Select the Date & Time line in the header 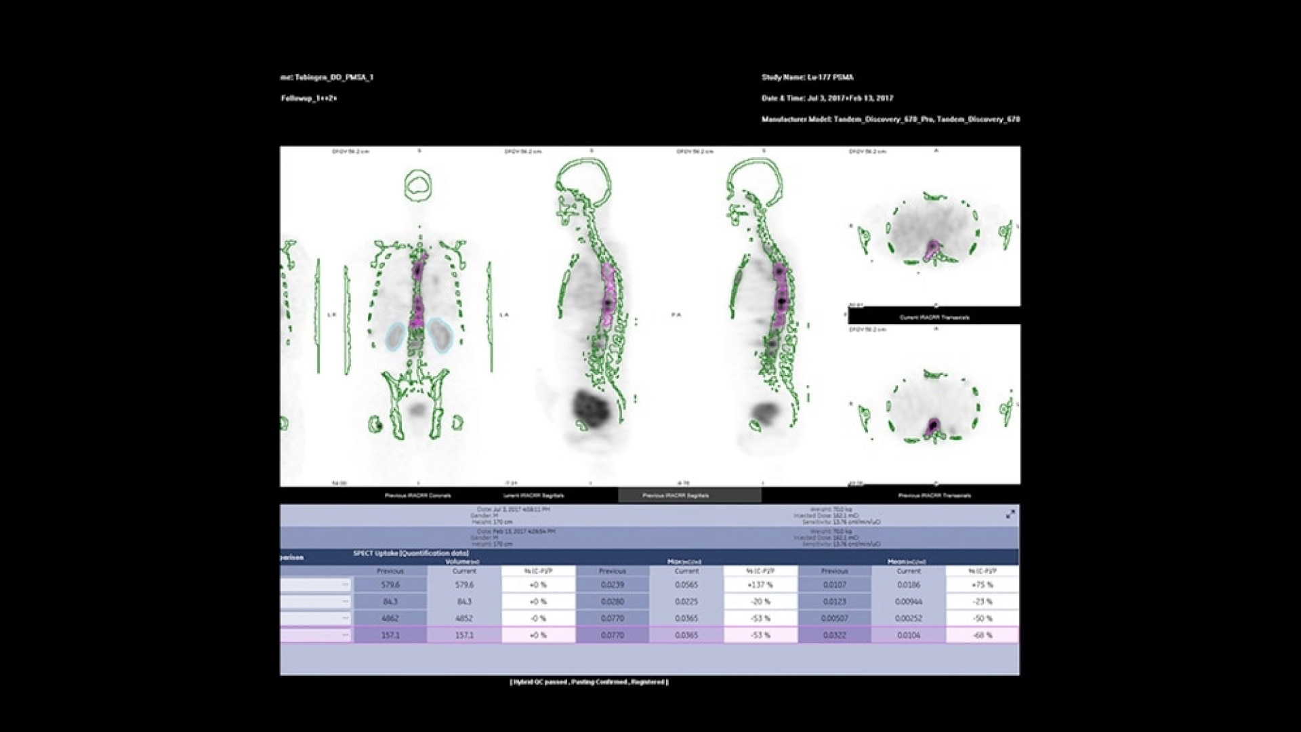827,98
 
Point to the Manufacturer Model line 890,119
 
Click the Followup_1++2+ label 309,98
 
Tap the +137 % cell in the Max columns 760,585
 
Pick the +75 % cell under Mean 982,585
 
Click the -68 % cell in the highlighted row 982,636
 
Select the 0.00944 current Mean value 909,602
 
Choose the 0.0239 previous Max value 613,585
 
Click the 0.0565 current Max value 686,585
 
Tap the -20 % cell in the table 760,602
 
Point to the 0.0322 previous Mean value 834,636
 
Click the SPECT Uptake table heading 411,554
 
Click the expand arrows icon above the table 1010,514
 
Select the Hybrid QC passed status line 589,683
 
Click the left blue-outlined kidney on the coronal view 396,336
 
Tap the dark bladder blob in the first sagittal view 586,407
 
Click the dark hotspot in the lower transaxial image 933,425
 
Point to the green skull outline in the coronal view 419,184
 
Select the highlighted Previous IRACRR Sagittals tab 689,495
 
